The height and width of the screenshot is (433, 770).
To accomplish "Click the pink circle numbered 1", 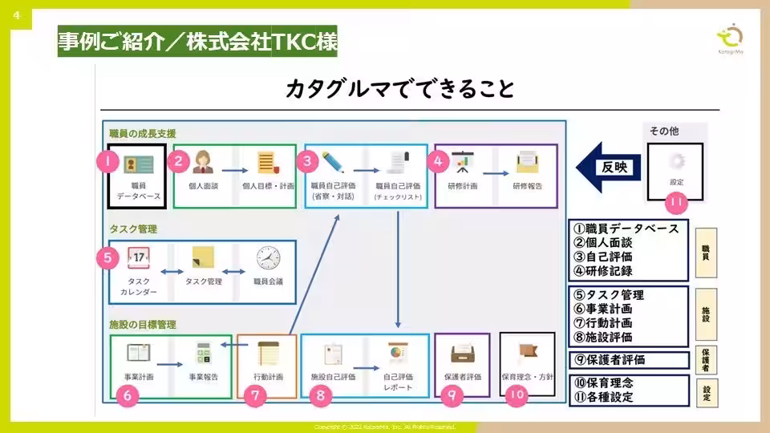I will click(107, 160).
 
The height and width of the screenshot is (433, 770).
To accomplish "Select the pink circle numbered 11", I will click(676, 203).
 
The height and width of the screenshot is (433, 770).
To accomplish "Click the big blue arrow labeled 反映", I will click(610, 168).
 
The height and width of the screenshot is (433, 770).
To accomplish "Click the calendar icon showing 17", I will click(138, 258).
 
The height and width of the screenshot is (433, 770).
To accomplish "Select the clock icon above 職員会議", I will click(268, 258).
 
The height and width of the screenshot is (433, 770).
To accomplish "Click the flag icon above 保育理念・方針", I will click(527, 352).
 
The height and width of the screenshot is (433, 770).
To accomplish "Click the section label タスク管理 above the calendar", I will click(133, 229).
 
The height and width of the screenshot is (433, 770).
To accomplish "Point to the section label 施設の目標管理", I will click(143, 325).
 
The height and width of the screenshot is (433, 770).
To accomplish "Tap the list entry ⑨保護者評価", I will click(610, 359).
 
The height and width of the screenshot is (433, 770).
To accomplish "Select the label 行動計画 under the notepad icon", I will click(268, 376).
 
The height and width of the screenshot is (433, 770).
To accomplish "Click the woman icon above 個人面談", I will click(202, 160).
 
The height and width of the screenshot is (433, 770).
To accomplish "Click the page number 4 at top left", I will click(16, 14).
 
